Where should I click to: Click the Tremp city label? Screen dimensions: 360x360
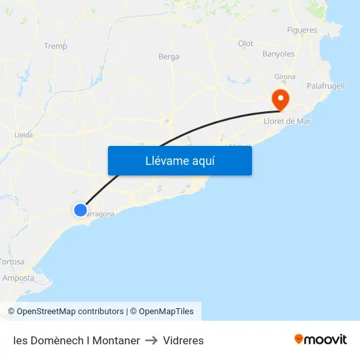click(x=55, y=46)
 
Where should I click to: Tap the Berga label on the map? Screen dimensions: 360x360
click(x=169, y=57)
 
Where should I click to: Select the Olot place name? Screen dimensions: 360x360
click(x=245, y=44)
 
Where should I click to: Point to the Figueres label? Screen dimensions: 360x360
click(x=302, y=30)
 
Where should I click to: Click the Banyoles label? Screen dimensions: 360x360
click(x=278, y=54)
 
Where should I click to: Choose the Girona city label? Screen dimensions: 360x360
click(x=285, y=77)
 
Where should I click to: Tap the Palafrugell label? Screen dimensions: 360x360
click(x=325, y=86)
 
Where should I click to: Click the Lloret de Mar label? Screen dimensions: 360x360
click(x=287, y=121)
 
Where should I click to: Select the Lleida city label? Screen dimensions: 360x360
click(x=24, y=135)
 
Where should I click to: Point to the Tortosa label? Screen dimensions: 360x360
click(x=12, y=262)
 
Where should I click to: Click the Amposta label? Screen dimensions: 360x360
click(x=18, y=278)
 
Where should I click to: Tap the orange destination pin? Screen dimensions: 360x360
click(x=280, y=99)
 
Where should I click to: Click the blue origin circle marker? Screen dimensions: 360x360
click(x=80, y=209)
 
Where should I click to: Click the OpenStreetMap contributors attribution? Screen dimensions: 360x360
click(x=70, y=312)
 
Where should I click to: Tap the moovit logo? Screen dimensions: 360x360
click(x=320, y=340)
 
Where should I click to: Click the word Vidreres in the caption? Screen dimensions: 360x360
click(x=183, y=340)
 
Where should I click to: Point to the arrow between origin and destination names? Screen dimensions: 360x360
click(x=151, y=340)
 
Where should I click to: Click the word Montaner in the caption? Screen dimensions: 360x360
click(x=116, y=340)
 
